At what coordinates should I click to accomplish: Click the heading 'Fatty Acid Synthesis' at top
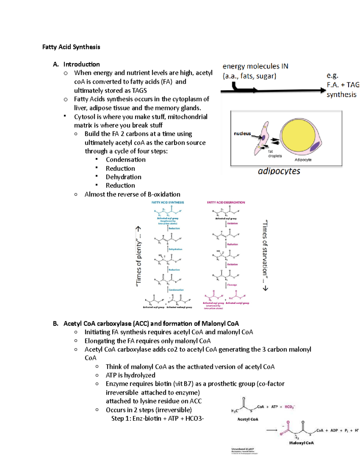tap(71, 47)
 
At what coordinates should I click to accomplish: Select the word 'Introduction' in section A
tap(81, 64)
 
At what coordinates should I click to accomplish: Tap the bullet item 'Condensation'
tap(125, 160)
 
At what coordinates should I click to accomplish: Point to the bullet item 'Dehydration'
tap(123, 177)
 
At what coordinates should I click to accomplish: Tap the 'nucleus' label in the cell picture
tap(242, 134)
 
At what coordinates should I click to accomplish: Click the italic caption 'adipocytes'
tap(279, 171)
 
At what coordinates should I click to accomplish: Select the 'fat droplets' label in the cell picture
tap(274, 154)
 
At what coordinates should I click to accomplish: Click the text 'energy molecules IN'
tap(255, 66)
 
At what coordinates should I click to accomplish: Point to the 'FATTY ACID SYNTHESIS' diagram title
tap(168, 203)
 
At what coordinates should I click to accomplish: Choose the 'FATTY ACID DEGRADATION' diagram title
tap(226, 203)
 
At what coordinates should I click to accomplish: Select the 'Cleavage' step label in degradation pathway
tap(232, 285)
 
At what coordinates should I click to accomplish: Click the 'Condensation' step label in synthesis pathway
tap(176, 290)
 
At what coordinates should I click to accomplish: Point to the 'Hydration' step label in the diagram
tap(232, 244)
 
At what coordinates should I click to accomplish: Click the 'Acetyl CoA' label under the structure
tap(247, 419)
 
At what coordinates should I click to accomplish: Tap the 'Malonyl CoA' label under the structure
tap(301, 443)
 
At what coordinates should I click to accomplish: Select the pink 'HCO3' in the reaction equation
tap(289, 407)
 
